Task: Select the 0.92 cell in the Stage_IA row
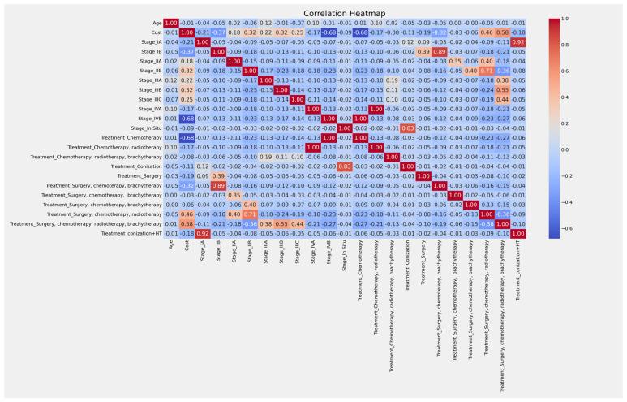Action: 517,41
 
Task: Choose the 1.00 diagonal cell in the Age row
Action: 171,22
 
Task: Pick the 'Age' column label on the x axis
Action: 171,246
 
